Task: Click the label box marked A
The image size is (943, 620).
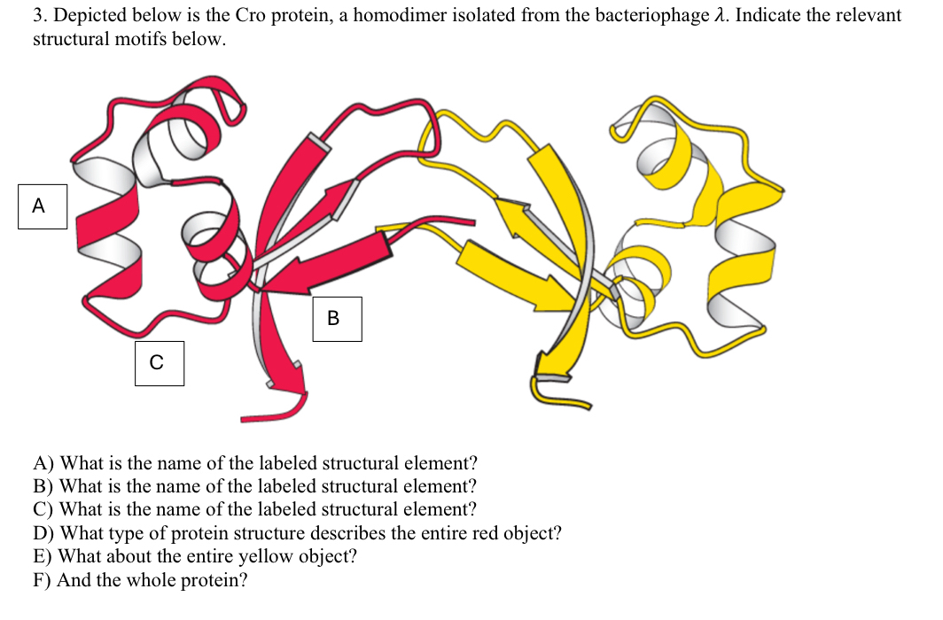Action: tap(43, 206)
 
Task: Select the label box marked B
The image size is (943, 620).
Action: tap(337, 319)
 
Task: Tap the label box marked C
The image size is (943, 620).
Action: tap(160, 363)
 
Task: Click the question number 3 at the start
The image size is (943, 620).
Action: tap(38, 16)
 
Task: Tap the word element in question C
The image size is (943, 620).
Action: tap(440, 509)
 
